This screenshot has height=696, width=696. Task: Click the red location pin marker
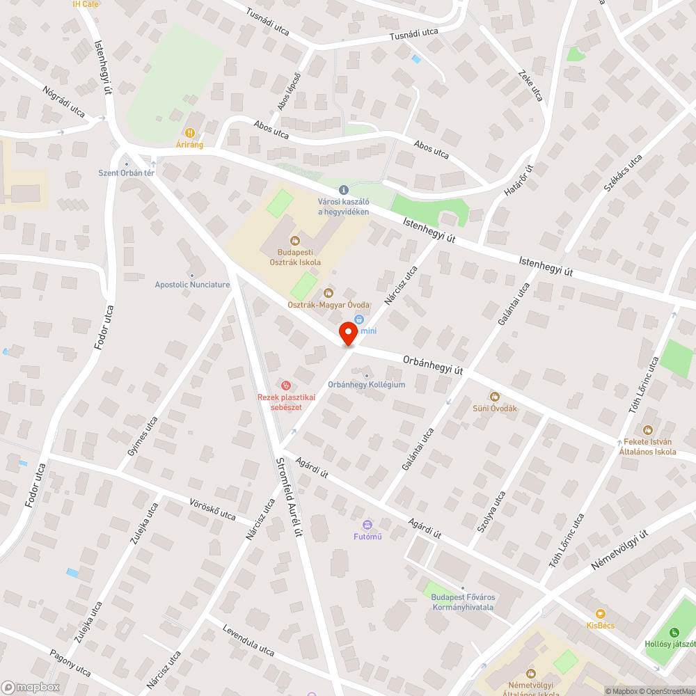click(349, 333)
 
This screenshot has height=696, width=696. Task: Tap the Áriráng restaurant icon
click(189, 132)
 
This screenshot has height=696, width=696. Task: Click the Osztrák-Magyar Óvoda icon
click(329, 293)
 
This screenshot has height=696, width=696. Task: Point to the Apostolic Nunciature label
click(192, 284)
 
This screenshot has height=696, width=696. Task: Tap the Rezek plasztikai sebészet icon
click(285, 385)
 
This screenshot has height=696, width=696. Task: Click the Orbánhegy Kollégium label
click(366, 384)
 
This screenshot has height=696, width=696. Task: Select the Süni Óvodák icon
click(495, 396)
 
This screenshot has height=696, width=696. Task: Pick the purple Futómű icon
click(368, 524)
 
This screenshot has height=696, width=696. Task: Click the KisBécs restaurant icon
click(600, 613)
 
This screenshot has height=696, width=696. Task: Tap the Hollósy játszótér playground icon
click(674, 633)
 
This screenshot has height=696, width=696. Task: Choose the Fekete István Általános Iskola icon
click(648, 431)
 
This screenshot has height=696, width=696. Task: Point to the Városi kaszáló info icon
click(343, 190)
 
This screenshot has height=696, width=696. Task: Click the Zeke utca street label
click(530, 84)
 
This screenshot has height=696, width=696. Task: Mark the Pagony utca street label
click(70, 662)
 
